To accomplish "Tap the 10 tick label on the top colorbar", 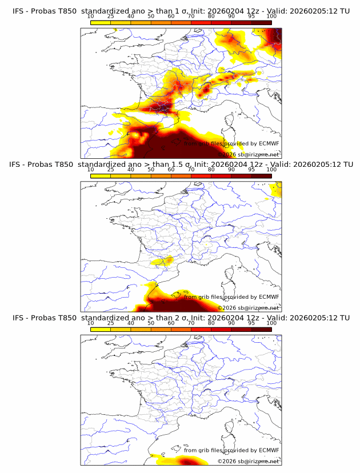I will coord(91,17).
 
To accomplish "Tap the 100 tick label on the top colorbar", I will coord(271,17).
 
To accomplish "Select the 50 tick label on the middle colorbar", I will coord(151,170).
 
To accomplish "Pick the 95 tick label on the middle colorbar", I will coord(251,170).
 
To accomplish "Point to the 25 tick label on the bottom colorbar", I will coord(111,323).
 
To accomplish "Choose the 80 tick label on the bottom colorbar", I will coord(211,323).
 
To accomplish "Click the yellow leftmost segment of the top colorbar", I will coord(101,22).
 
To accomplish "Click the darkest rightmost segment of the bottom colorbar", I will coord(262,329).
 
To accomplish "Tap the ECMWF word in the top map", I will coord(269,143).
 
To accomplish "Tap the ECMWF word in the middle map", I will coord(269,297).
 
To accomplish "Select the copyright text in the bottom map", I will coord(248,461).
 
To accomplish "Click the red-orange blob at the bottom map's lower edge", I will coord(189,461).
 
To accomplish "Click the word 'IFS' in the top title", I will coord(19,11).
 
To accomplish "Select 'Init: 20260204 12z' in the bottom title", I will coord(227,318).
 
